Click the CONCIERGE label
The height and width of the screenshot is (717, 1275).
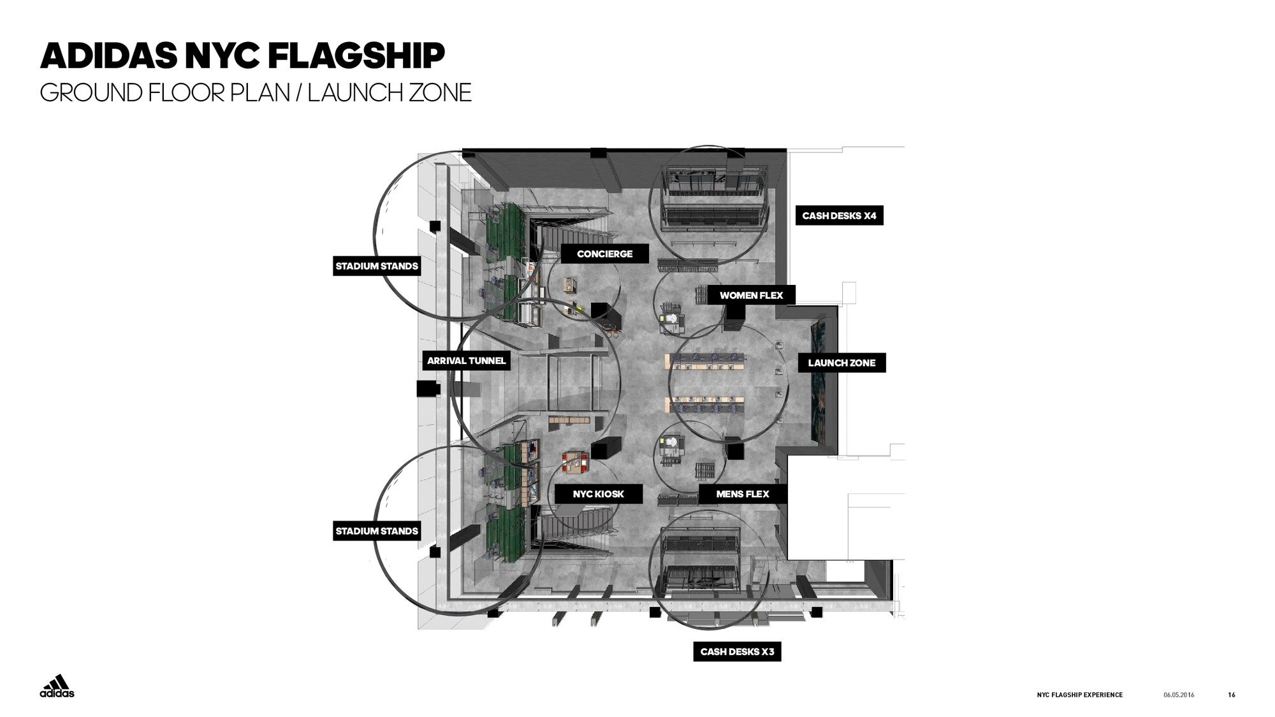[604, 254]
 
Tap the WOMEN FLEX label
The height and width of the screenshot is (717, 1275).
[751, 295]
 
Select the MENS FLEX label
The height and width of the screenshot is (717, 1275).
[742, 494]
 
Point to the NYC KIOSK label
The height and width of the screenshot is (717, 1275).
[598, 494]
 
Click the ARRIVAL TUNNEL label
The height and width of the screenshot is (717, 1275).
[466, 361]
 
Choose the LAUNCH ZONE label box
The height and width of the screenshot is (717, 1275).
[841, 363]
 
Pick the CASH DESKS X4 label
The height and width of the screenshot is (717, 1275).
[839, 215]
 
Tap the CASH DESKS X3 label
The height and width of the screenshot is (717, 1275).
[737, 651]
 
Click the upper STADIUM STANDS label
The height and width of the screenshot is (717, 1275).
[377, 266]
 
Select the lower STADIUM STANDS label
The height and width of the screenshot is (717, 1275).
[377, 531]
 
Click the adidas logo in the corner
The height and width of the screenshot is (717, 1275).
[57, 686]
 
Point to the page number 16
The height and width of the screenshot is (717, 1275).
[1231, 695]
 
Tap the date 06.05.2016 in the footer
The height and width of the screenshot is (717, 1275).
[1179, 695]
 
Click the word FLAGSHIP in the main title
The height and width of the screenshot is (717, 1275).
[356, 56]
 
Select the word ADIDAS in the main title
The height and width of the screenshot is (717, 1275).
[108, 56]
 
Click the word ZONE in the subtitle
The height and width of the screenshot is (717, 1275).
[440, 93]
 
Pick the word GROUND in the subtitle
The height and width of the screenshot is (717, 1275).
[89, 93]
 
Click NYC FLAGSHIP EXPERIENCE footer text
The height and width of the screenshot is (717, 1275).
[1079, 695]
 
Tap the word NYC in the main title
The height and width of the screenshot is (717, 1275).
[222, 56]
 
